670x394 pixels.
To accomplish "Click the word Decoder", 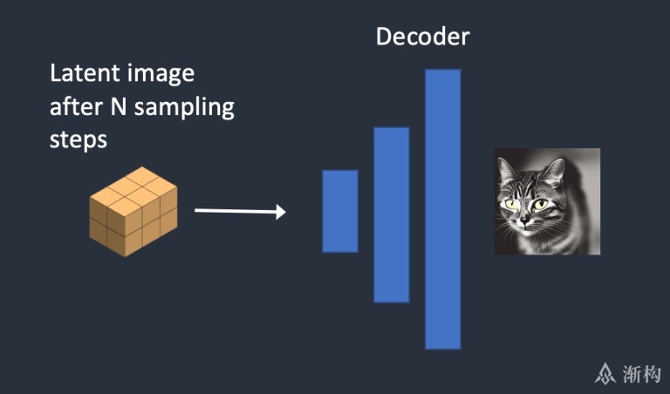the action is point(422,37).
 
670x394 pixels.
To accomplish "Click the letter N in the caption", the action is point(119,106).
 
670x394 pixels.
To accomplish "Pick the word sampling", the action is point(184,107).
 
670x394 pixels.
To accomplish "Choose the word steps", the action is point(79,141).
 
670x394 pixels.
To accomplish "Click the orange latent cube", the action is point(133,212).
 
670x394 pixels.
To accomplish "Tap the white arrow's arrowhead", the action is point(281,212).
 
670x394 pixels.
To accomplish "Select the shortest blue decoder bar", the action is point(340,211).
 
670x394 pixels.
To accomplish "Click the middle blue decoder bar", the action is point(392,214).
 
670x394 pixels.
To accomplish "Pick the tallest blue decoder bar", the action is point(443,209).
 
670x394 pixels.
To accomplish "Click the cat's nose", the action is point(523,220).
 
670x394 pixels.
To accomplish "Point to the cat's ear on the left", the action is point(505,169).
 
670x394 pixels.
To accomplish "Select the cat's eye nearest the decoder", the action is point(510,205).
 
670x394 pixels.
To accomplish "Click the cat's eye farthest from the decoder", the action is point(540,204).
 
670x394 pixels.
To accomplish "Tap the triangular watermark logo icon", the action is point(605,373).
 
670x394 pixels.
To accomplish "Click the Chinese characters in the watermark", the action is point(641,374).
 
